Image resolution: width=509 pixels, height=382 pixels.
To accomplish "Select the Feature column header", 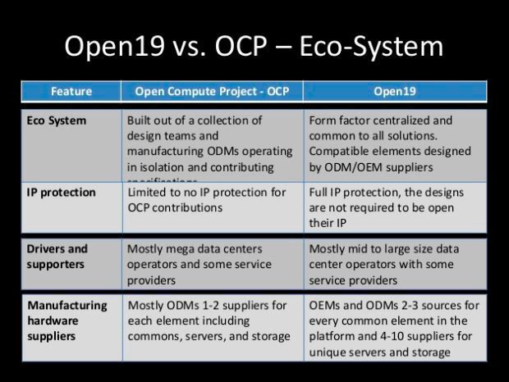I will click(71, 91).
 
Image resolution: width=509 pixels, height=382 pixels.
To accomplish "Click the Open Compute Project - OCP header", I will click(212, 91).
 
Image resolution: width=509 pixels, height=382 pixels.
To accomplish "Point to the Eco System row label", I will click(56, 121).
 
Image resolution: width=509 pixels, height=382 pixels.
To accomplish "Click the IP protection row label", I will click(62, 193).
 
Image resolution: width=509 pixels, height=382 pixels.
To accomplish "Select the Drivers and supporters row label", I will click(58, 256).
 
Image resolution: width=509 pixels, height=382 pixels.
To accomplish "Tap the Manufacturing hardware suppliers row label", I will click(67, 321).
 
